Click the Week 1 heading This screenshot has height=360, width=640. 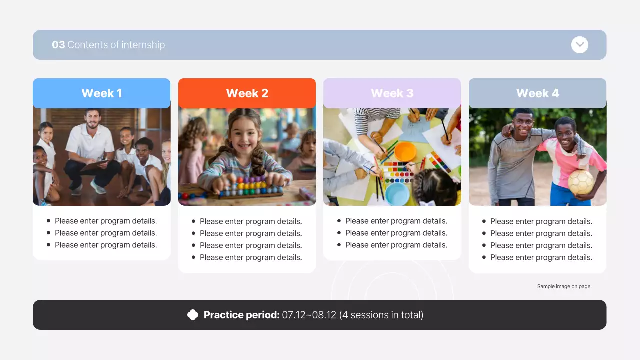[x=101, y=93]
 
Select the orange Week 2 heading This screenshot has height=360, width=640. [x=247, y=93]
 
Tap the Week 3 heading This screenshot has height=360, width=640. [x=392, y=93]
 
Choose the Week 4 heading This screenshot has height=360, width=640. [x=537, y=93]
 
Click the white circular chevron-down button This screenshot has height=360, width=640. [x=579, y=45]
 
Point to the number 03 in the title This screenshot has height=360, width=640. [x=58, y=45]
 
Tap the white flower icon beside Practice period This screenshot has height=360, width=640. [x=193, y=315]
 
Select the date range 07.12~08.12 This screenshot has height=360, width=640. [x=309, y=315]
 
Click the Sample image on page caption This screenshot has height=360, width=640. [x=563, y=286]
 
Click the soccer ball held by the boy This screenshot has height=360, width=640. [x=581, y=182]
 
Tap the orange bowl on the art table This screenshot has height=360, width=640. [x=405, y=151]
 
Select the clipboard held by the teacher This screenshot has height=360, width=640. [x=96, y=164]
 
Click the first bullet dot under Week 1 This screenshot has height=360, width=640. [x=48, y=221]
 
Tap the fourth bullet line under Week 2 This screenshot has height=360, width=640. [x=251, y=257]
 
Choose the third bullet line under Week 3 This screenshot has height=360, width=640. [x=396, y=245]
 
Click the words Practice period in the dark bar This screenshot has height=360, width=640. [x=241, y=315]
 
